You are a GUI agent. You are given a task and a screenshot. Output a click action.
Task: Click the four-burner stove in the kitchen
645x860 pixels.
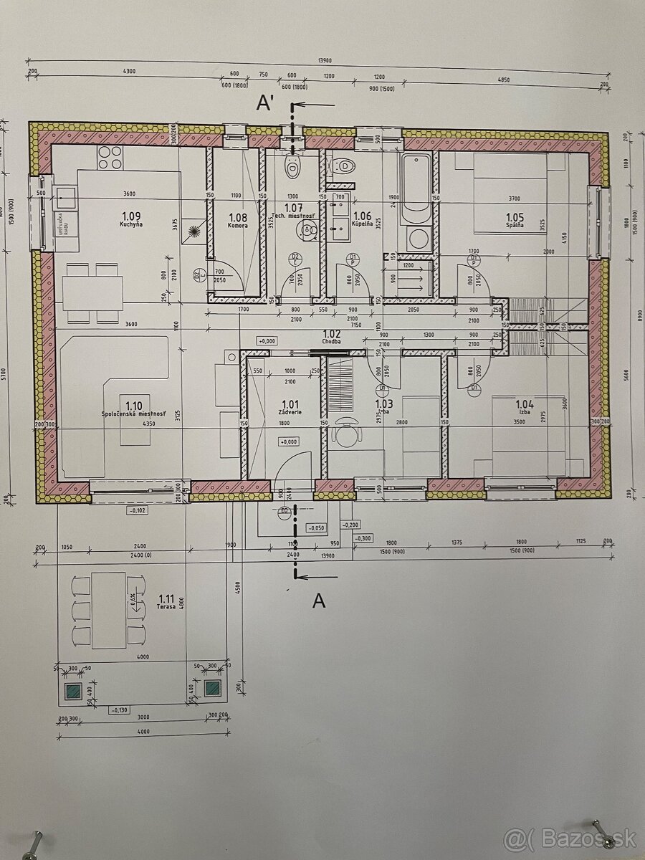point(109,157)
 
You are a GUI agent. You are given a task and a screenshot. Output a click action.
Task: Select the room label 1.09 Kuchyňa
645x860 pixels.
point(131,219)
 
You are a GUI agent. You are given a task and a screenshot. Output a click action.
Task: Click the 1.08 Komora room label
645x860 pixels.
point(238,220)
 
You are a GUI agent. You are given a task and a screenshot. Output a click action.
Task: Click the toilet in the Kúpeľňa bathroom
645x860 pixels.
point(345,167)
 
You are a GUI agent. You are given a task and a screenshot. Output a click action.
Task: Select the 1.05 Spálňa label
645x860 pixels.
point(515,220)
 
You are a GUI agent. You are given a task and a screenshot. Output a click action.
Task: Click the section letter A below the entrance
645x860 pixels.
point(319,601)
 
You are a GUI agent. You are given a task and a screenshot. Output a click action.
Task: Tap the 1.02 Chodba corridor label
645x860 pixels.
point(332,336)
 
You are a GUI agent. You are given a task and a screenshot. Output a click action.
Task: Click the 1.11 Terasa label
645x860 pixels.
point(166,601)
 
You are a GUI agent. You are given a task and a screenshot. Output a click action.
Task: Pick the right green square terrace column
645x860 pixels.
point(212,689)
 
